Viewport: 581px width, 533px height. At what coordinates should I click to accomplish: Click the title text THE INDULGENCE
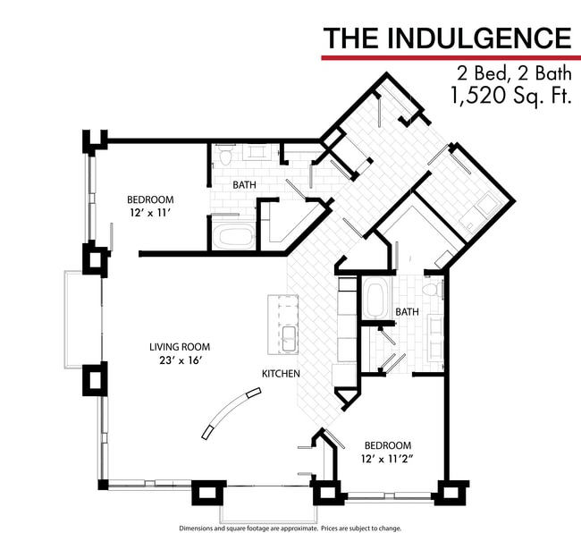coord(446,38)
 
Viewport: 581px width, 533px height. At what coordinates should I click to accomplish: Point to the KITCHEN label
coord(280,373)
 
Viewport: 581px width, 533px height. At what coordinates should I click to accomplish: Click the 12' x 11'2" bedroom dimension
coord(387,460)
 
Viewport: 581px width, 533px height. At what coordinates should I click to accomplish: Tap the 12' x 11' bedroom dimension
coord(149,214)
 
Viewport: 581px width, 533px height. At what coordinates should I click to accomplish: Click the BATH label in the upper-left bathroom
coord(245,185)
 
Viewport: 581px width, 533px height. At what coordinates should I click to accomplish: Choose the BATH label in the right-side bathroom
coord(408,312)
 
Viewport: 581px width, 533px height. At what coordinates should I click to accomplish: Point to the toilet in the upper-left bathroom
coord(226,157)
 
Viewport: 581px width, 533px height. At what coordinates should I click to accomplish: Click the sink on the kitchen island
coord(290,338)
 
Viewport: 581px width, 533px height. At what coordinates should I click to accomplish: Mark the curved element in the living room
coord(232,412)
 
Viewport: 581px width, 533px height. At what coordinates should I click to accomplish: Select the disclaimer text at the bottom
coord(290,528)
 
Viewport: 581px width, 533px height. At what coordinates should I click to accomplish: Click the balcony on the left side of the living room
coord(74,319)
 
